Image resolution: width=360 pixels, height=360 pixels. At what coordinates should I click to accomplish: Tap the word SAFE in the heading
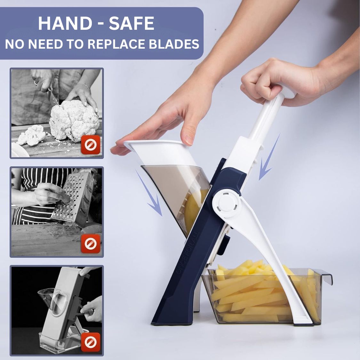pos(132,24)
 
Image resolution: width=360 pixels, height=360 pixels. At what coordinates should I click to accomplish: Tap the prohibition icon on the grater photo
pos(91,244)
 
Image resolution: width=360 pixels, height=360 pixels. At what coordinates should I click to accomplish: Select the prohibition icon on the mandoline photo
pos(91,342)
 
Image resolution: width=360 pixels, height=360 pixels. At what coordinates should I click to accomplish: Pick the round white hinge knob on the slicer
pos(227,202)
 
